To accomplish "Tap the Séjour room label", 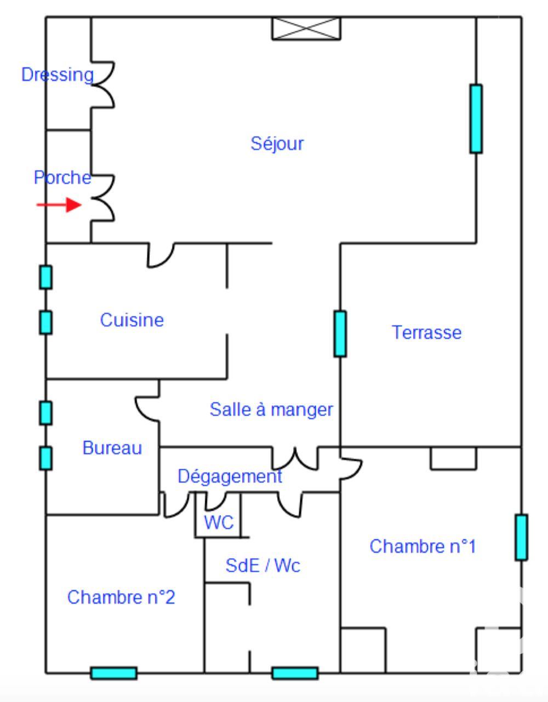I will pos(277,143).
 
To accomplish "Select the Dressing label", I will pos(58,74).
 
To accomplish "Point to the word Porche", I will pos(62,177).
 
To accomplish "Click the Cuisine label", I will pos(132,320).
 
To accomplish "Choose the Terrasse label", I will pos(426,332).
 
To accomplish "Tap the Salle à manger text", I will pos(271,410).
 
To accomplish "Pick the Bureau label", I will pos(112,448).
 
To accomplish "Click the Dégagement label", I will pos(230,476).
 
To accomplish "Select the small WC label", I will pos(219,522).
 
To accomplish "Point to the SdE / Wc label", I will pos(263,566).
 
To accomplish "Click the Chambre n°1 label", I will pos(423,546).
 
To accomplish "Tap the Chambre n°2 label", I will pos(121,597).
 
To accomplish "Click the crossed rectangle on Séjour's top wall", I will pos(306,28).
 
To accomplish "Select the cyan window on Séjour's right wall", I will pos(476,119).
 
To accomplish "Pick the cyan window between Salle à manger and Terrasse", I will pos(340,334).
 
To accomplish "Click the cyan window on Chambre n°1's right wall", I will pos(521,537).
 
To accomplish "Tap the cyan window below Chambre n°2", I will pos(113,673).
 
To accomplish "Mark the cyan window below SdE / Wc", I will pos(295,673).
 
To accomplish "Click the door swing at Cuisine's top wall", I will pos(161,255).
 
